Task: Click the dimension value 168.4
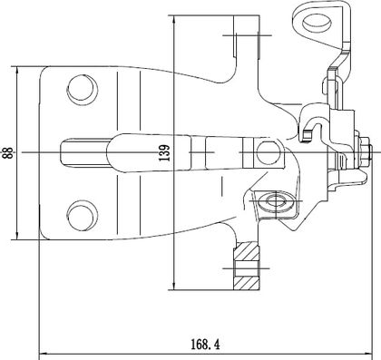coord(205,345)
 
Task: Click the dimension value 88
coord(7,153)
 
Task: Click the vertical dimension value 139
coord(165,153)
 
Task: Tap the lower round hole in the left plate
coord(83,216)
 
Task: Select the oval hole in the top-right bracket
coord(317,24)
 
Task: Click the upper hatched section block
coord(247,251)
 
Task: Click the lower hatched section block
coord(247,283)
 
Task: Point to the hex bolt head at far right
coord(365,152)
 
